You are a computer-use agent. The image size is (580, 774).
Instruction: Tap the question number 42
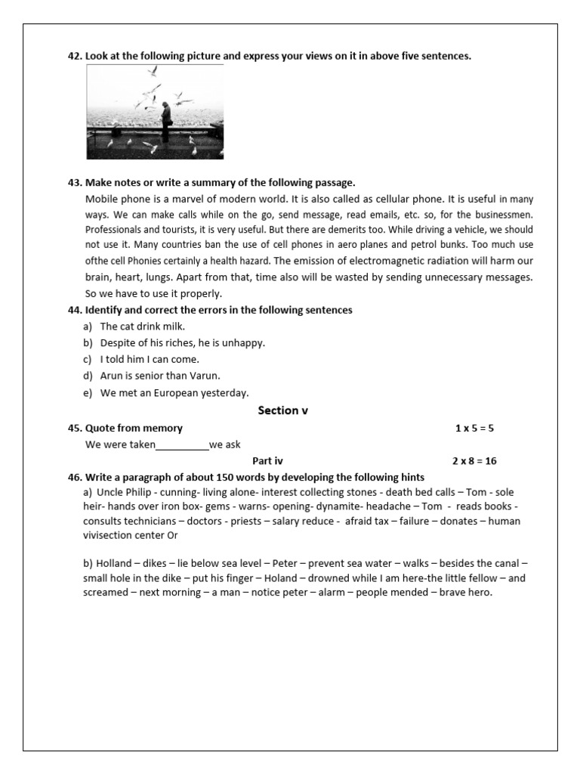point(75,56)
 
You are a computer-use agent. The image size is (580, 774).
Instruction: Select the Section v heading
point(283,410)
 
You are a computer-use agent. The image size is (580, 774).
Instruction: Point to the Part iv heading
point(267,460)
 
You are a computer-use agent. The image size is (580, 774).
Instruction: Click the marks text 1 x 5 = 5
point(474,429)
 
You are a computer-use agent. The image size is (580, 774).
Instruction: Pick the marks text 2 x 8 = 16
point(474,460)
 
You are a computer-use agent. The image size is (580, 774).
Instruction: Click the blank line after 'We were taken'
point(182,445)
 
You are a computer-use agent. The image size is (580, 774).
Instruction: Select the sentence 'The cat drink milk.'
point(142,327)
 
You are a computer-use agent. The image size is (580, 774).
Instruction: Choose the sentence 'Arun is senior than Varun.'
point(160,376)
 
